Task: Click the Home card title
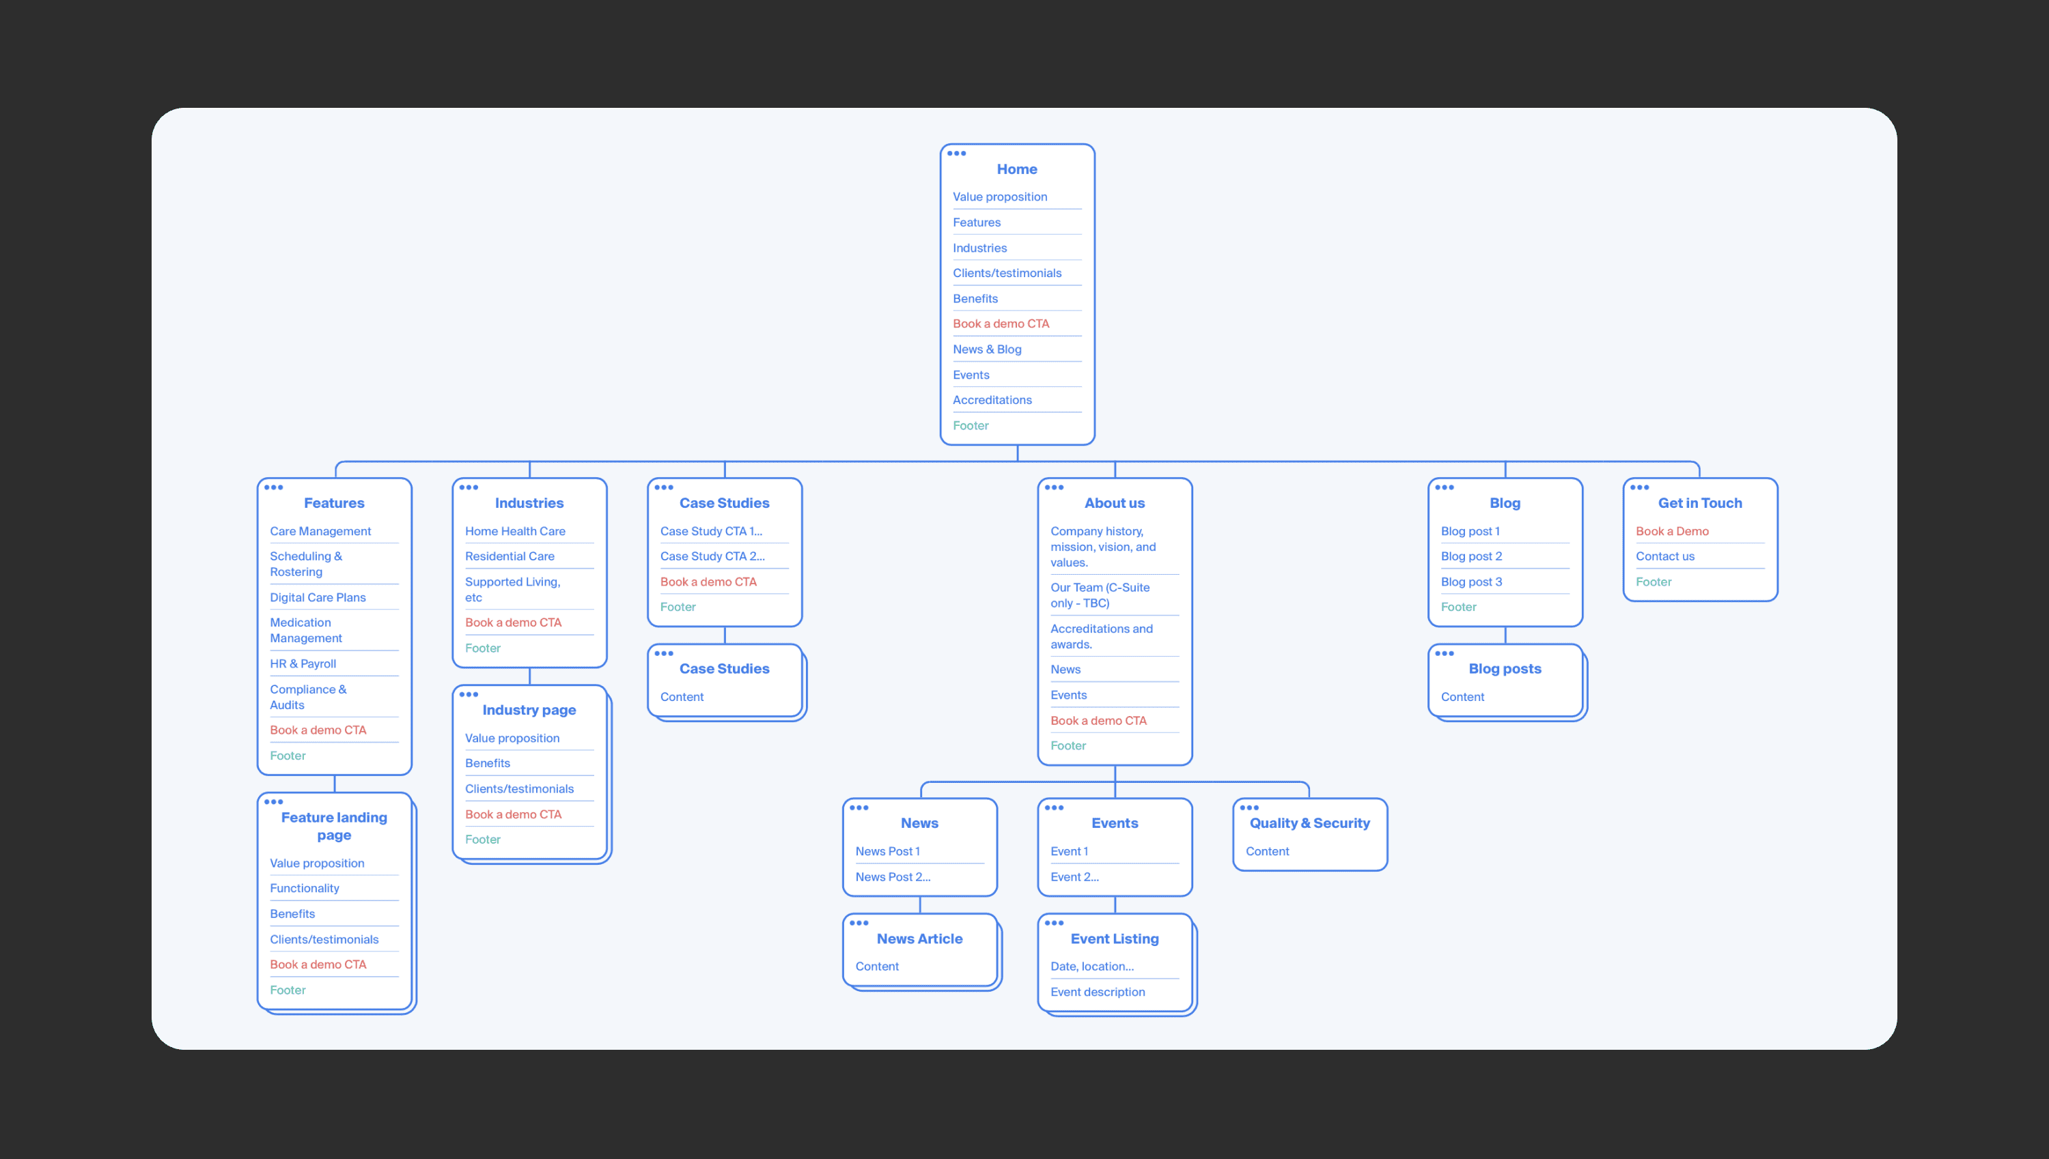point(1016,169)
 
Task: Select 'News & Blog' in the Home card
point(987,349)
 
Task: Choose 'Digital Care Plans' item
point(318,598)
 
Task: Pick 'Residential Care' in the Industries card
point(510,556)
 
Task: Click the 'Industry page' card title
point(529,710)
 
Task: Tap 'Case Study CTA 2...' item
point(712,556)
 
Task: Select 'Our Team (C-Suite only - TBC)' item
point(1099,595)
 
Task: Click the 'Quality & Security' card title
point(1309,823)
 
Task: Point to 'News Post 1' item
point(887,852)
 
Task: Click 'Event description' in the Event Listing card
point(1098,992)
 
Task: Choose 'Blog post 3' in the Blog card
point(1471,582)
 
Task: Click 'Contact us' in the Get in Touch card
point(1664,556)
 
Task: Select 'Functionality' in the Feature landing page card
point(304,888)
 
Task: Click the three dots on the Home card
point(956,154)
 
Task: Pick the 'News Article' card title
point(919,939)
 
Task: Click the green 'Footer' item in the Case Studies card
point(678,607)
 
